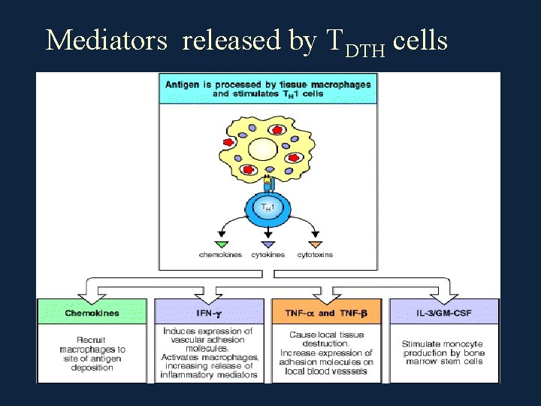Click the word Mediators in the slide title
(x=106, y=41)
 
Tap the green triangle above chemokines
(x=221, y=244)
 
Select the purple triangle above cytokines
(x=268, y=244)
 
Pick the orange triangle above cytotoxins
(x=315, y=244)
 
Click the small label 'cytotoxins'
(x=316, y=256)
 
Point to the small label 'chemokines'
(x=220, y=256)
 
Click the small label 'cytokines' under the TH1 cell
(x=268, y=256)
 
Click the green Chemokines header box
(x=92, y=312)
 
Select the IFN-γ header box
(x=209, y=312)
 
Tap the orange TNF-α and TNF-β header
(x=326, y=312)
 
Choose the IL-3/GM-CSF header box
(x=443, y=312)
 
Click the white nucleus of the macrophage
(x=264, y=150)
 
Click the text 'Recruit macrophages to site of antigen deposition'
(x=92, y=354)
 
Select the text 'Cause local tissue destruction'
(x=326, y=339)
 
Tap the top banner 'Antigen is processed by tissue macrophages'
(x=267, y=89)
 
